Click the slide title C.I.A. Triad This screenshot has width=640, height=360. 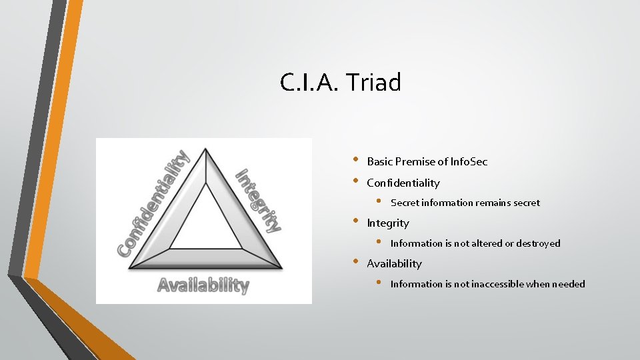pyautogui.click(x=341, y=83)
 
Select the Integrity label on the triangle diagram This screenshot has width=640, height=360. pyautogui.click(x=259, y=199)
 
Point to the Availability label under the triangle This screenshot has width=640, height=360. pyautogui.click(x=203, y=285)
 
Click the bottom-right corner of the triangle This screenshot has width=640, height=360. pyautogui.click(x=281, y=268)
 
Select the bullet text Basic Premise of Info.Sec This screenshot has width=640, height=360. pyautogui.click(x=427, y=161)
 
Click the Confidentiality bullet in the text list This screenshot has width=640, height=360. pyautogui.click(x=403, y=183)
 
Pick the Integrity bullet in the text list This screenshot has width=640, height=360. pyautogui.click(x=387, y=223)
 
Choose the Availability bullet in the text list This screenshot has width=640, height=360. pyautogui.click(x=394, y=263)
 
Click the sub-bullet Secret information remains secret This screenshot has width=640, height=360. pyautogui.click(x=465, y=203)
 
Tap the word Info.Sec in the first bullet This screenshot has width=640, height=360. pyautogui.click(x=469, y=161)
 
